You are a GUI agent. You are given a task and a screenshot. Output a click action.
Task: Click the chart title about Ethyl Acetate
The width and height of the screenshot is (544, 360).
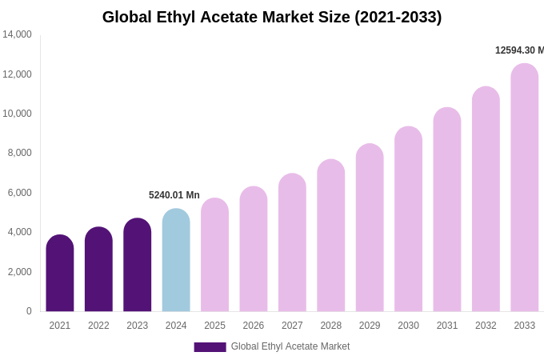(x=272, y=17)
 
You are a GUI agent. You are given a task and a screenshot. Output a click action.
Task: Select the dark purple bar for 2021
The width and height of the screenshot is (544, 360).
(x=60, y=274)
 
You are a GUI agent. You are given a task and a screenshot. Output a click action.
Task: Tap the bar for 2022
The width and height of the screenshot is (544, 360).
(x=98, y=270)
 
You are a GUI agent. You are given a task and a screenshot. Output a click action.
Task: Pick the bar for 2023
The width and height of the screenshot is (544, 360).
(x=138, y=266)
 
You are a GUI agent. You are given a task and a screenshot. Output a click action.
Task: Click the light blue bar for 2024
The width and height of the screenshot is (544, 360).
(x=176, y=261)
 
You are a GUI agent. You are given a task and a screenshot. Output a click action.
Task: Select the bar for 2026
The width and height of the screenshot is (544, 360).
(x=254, y=250)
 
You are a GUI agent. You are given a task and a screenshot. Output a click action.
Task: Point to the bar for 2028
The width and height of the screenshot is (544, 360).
(x=331, y=236)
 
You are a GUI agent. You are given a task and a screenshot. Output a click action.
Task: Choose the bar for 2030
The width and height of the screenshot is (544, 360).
(x=408, y=220)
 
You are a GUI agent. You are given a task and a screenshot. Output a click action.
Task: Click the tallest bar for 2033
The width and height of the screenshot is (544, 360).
(x=525, y=188)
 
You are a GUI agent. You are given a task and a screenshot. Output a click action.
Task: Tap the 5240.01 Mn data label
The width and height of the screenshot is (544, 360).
(x=174, y=195)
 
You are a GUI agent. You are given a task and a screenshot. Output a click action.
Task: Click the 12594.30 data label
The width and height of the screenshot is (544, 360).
(x=519, y=50)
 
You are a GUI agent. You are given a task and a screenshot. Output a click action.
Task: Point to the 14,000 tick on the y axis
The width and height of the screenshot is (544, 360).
(x=17, y=34)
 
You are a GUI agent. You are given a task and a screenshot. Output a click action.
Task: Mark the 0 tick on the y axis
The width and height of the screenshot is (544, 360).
(x=29, y=311)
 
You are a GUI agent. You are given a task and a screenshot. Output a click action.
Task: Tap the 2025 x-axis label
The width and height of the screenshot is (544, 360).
(x=214, y=326)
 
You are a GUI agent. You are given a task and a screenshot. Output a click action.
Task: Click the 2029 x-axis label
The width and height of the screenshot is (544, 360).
(x=370, y=326)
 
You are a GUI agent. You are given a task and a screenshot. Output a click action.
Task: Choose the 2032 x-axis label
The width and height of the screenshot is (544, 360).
(x=486, y=326)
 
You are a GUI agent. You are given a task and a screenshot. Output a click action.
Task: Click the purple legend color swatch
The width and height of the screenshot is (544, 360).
(x=210, y=347)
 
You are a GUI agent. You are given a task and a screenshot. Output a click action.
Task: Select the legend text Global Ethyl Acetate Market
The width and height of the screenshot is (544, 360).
(x=290, y=346)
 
